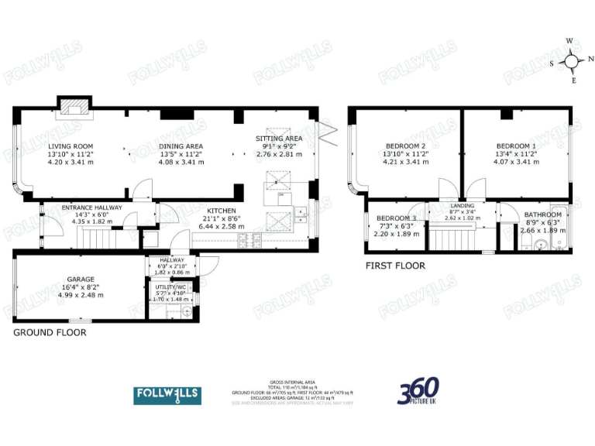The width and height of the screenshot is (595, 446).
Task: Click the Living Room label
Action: [x=71, y=146]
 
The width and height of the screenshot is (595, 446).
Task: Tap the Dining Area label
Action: [x=181, y=146]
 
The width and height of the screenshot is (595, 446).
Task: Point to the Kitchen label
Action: [x=221, y=211]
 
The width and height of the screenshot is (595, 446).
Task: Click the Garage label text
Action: [x=81, y=279]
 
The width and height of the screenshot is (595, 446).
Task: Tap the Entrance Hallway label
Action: [x=92, y=208]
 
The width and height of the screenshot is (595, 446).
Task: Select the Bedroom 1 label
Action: [x=515, y=146]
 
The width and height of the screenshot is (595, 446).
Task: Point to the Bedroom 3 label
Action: [x=396, y=218]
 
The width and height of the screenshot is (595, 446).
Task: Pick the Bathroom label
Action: [x=542, y=214]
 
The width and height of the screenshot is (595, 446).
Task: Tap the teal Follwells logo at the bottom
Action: [x=167, y=394]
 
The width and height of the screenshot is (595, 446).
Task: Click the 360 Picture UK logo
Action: [x=419, y=392]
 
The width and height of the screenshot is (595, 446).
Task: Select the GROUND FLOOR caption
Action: [x=50, y=332]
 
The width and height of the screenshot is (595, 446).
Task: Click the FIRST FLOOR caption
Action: [x=395, y=266]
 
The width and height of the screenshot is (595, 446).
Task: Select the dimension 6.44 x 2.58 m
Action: [x=221, y=226]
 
